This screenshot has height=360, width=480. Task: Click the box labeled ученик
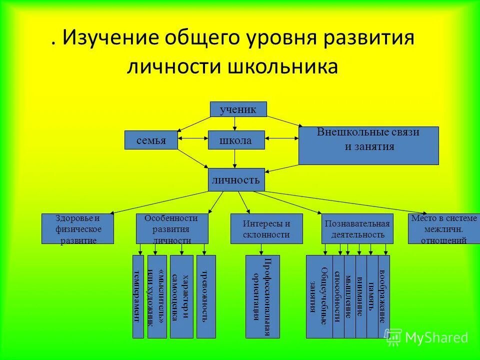tap(237, 109)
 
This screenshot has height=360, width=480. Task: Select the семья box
tap(151, 140)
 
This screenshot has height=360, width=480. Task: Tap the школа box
tap(236, 140)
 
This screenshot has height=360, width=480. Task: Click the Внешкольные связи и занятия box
tap(368, 145)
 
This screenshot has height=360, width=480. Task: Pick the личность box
tap(236, 179)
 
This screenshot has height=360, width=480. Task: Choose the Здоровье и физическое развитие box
tap(78, 228)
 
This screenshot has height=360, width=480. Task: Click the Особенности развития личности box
tap(172, 228)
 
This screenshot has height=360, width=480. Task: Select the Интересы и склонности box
tap(266, 228)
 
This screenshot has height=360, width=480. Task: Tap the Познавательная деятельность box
tap(355, 228)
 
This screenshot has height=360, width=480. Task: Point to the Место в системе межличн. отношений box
tap(443, 228)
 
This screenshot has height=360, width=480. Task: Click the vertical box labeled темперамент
tap(137, 296)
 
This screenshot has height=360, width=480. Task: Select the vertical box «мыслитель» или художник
tap(156, 296)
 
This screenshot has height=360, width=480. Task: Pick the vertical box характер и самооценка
tap(181, 296)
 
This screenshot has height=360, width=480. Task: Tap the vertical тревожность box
tap(206, 296)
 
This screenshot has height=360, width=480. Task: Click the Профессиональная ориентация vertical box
tap(262, 296)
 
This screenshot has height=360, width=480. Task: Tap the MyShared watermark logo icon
tap(393, 337)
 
